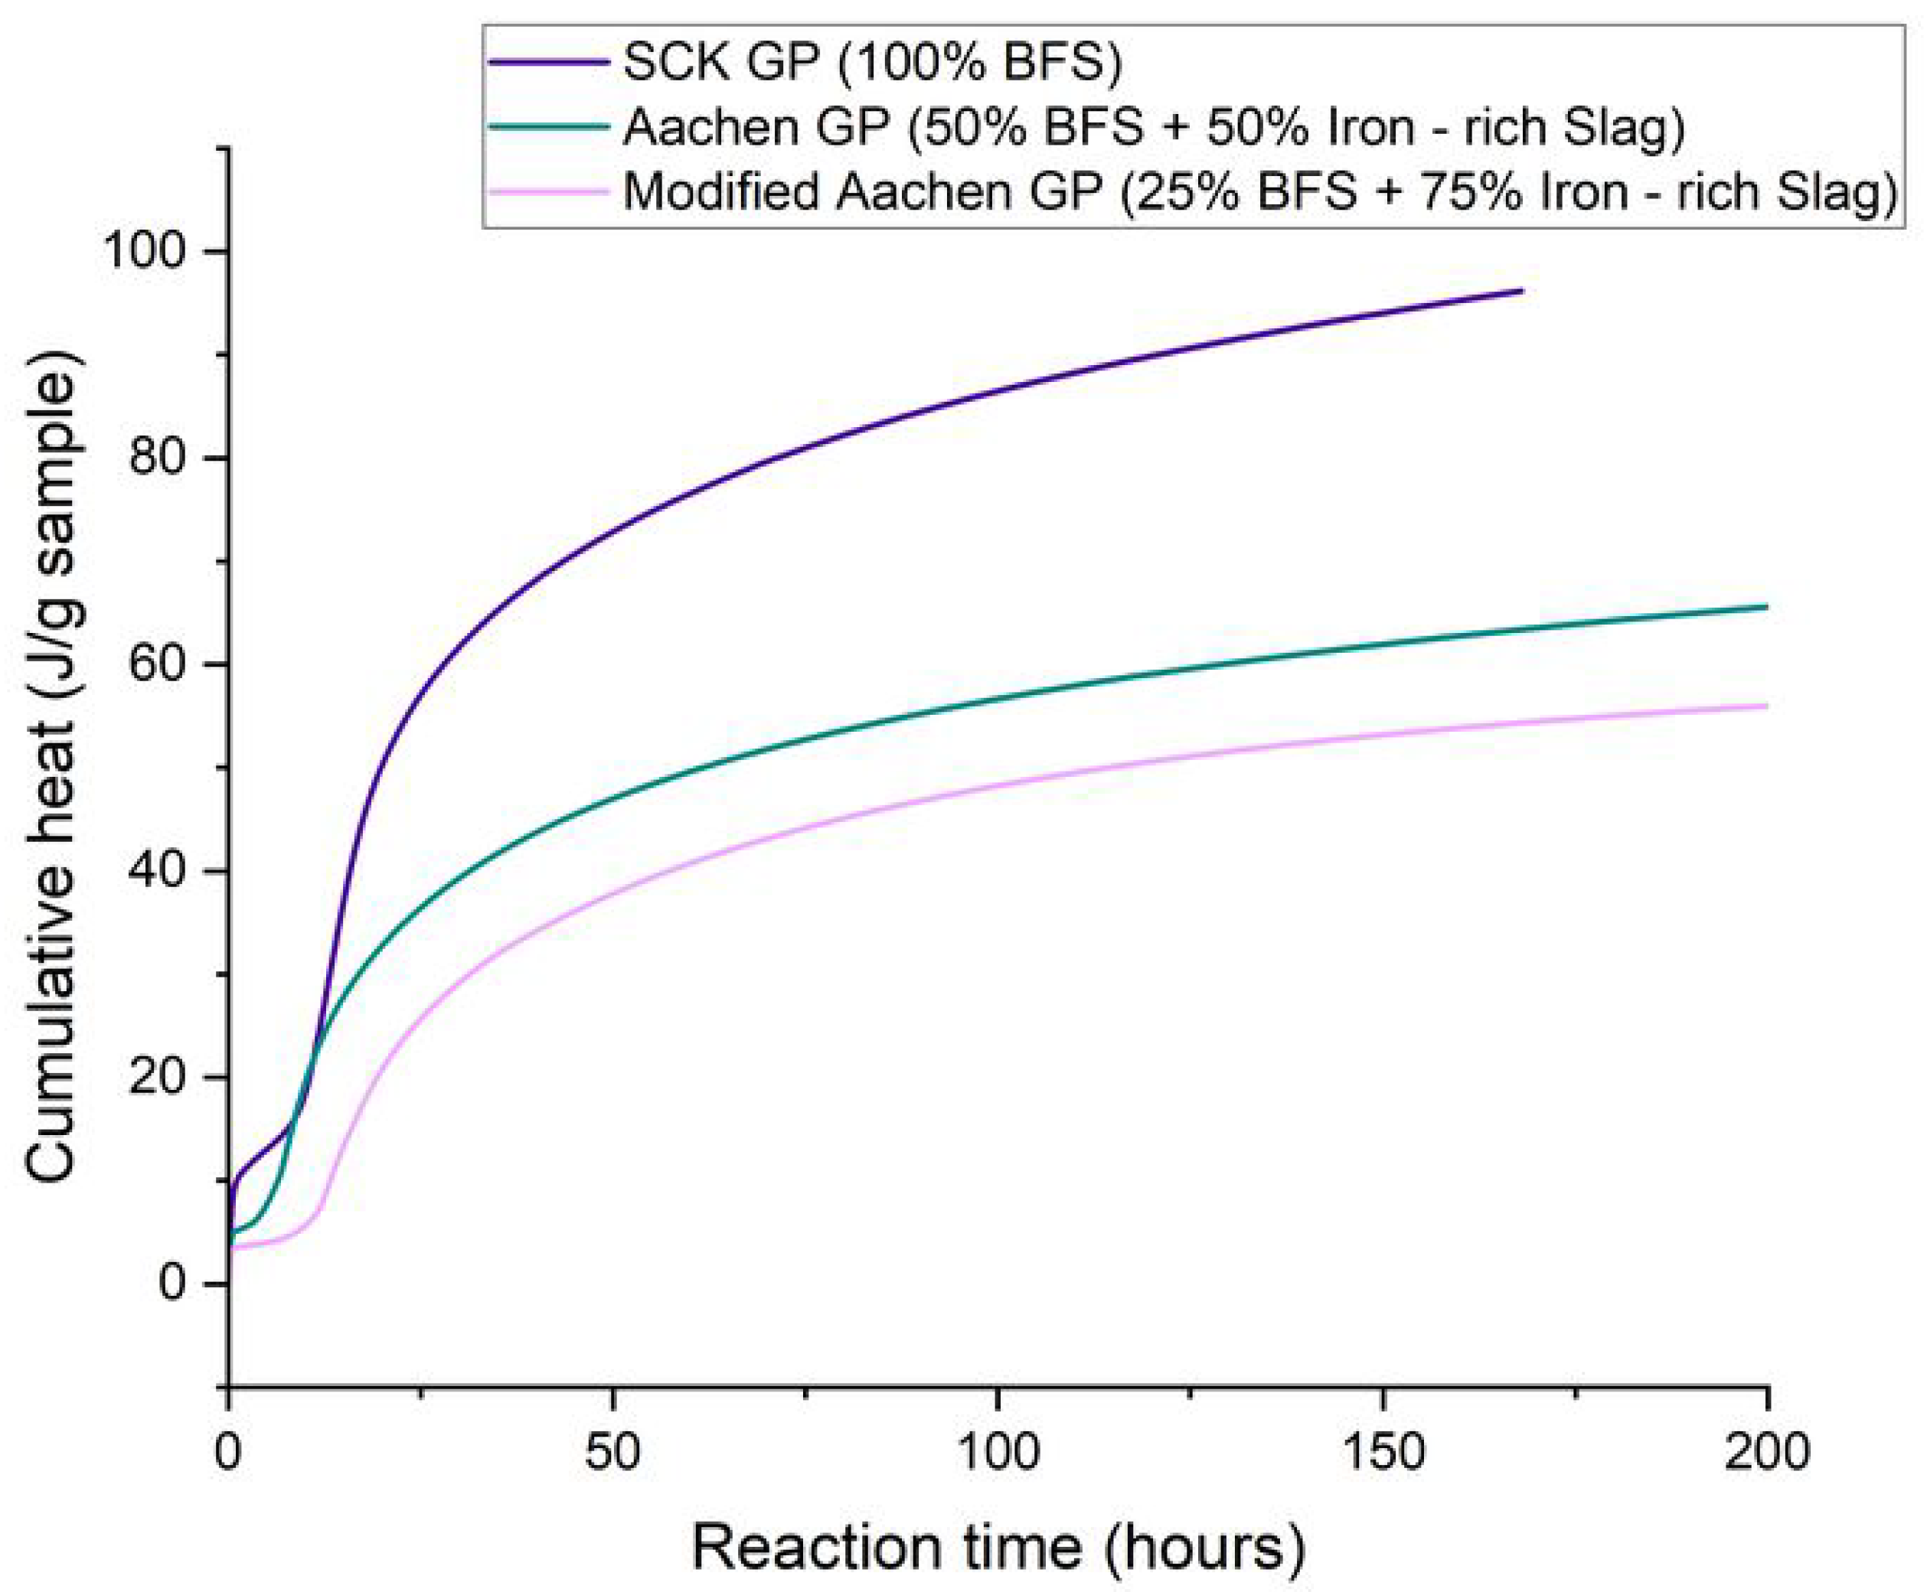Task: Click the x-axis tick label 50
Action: [x=612, y=1453]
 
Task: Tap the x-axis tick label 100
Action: [x=997, y=1453]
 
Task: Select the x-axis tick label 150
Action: [x=1382, y=1453]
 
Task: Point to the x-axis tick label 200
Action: [x=1766, y=1453]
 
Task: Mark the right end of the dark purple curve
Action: [x=1520, y=291]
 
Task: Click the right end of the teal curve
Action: [x=1765, y=606]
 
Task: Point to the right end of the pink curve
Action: [x=1765, y=705]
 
